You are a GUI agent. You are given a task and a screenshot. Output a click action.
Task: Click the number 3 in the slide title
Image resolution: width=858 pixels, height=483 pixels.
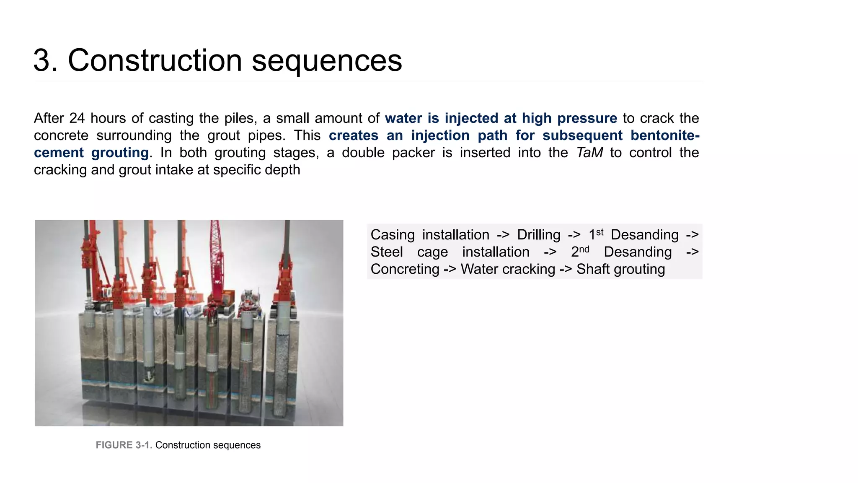(42, 61)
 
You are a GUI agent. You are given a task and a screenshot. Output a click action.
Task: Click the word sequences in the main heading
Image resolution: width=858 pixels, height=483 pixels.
(327, 61)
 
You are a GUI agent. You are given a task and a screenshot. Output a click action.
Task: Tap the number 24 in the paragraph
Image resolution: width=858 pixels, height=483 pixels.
(77, 118)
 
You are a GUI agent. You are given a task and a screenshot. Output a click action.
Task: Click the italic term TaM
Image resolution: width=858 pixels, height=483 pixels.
(589, 153)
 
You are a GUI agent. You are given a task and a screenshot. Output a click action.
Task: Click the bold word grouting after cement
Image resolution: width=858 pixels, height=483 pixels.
(120, 153)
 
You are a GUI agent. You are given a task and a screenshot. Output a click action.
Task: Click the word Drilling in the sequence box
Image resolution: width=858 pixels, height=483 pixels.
(538, 235)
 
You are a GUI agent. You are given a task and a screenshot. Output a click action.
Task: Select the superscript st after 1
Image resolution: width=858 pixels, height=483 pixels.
(600, 232)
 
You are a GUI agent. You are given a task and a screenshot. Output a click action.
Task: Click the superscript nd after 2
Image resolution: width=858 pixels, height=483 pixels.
(584, 249)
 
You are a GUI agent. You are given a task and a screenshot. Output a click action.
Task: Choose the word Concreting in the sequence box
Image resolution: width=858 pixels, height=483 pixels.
(405, 269)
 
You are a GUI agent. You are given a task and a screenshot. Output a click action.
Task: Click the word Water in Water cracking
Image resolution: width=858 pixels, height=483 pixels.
(480, 269)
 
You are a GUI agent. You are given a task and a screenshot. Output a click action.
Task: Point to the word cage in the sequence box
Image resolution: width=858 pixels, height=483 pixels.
(432, 252)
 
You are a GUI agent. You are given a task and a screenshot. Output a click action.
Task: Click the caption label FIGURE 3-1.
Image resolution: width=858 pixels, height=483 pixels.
(124, 445)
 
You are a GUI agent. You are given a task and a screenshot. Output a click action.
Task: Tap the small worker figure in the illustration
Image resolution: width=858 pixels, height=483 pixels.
(259, 312)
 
